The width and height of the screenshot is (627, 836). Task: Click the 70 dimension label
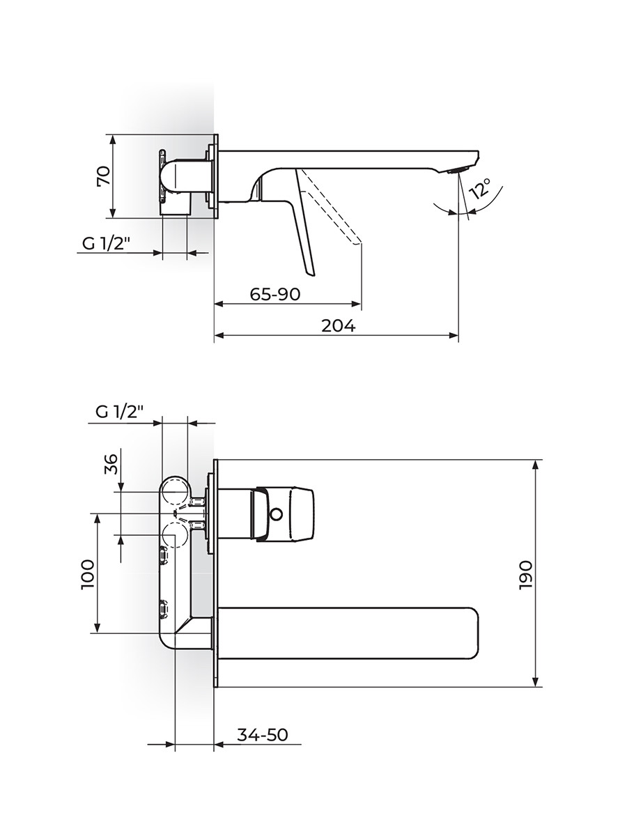click(104, 176)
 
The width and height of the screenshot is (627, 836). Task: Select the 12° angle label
click(481, 188)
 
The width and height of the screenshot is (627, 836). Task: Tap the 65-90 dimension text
click(275, 294)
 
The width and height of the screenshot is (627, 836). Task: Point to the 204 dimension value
click(339, 326)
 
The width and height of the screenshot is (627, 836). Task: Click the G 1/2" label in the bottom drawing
click(119, 412)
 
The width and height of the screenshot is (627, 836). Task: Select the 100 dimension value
click(88, 575)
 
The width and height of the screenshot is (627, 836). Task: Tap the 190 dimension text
click(525, 575)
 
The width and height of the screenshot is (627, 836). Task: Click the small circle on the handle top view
click(277, 515)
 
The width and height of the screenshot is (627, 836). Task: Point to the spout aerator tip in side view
click(457, 170)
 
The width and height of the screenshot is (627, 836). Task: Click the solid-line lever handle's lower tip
click(310, 272)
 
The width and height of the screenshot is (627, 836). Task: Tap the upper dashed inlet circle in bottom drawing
click(174, 492)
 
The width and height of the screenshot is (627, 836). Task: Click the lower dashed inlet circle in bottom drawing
click(174, 534)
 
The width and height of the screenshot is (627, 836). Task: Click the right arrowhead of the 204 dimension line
click(454, 335)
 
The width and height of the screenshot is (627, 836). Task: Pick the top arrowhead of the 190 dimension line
click(536, 465)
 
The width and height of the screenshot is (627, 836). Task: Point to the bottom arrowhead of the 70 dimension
click(112, 214)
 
